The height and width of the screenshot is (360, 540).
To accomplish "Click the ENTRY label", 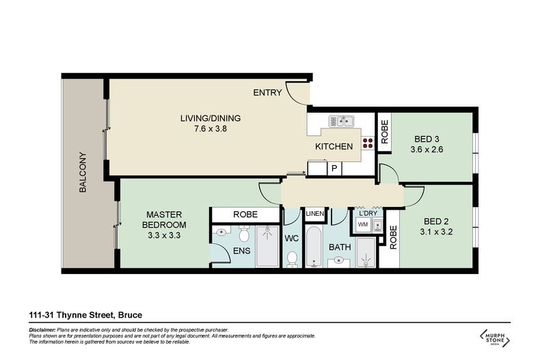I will (267, 93).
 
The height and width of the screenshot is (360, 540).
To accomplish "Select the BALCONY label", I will (83, 171).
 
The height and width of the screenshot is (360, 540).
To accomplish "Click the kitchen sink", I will (340, 122).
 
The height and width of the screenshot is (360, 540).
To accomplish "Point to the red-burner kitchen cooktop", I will (368, 143).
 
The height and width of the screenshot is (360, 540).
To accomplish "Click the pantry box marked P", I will (335, 168).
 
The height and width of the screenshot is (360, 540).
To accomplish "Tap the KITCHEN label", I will (334, 147).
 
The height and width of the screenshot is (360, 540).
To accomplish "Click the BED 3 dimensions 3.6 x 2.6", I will (428, 150).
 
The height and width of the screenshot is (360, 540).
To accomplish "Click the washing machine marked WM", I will (362, 224).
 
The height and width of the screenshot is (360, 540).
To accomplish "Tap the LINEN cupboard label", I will (314, 214).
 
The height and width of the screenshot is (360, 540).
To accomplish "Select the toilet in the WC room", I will (292, 258).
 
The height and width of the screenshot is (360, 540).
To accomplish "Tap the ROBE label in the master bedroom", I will (245, 214).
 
